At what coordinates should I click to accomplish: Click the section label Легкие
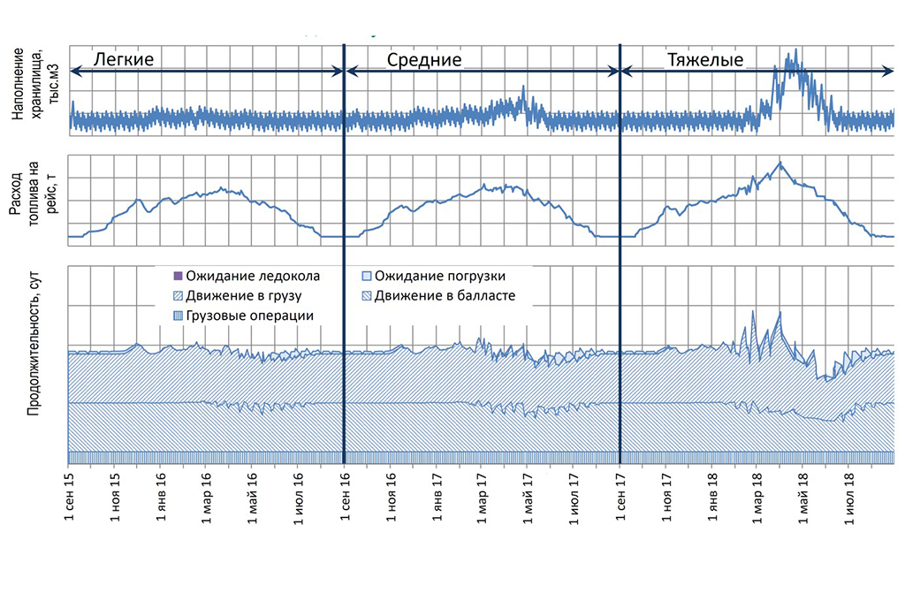tap(129, 60)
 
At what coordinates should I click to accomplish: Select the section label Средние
tap(424, 60)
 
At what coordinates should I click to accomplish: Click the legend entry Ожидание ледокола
tap(246, 277)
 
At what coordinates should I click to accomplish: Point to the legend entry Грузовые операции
tap(245, 316)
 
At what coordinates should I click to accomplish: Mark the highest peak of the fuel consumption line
tap(780, 162)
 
